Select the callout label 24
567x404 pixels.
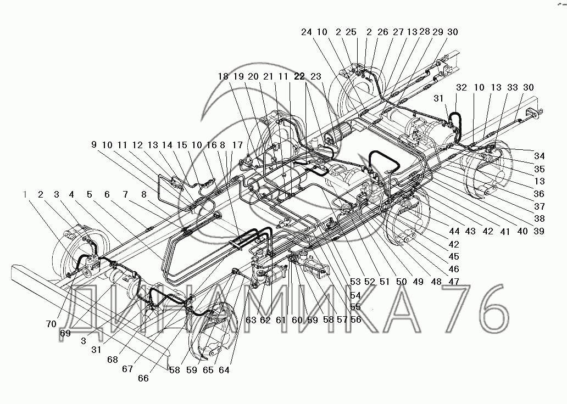click(307, 32)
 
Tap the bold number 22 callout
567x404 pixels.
click(299, 77)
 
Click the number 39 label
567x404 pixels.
click(539, 232)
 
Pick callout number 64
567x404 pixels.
click(225, 370)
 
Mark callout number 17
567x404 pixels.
click(237, 145)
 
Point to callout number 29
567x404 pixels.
click(438, 32)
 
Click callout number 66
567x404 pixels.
click(144, 378)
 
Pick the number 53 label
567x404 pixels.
click(356, 282)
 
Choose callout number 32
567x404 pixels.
click(461, 88)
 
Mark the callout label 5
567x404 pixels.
click(89, 194)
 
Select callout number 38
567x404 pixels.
click(539, 220)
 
